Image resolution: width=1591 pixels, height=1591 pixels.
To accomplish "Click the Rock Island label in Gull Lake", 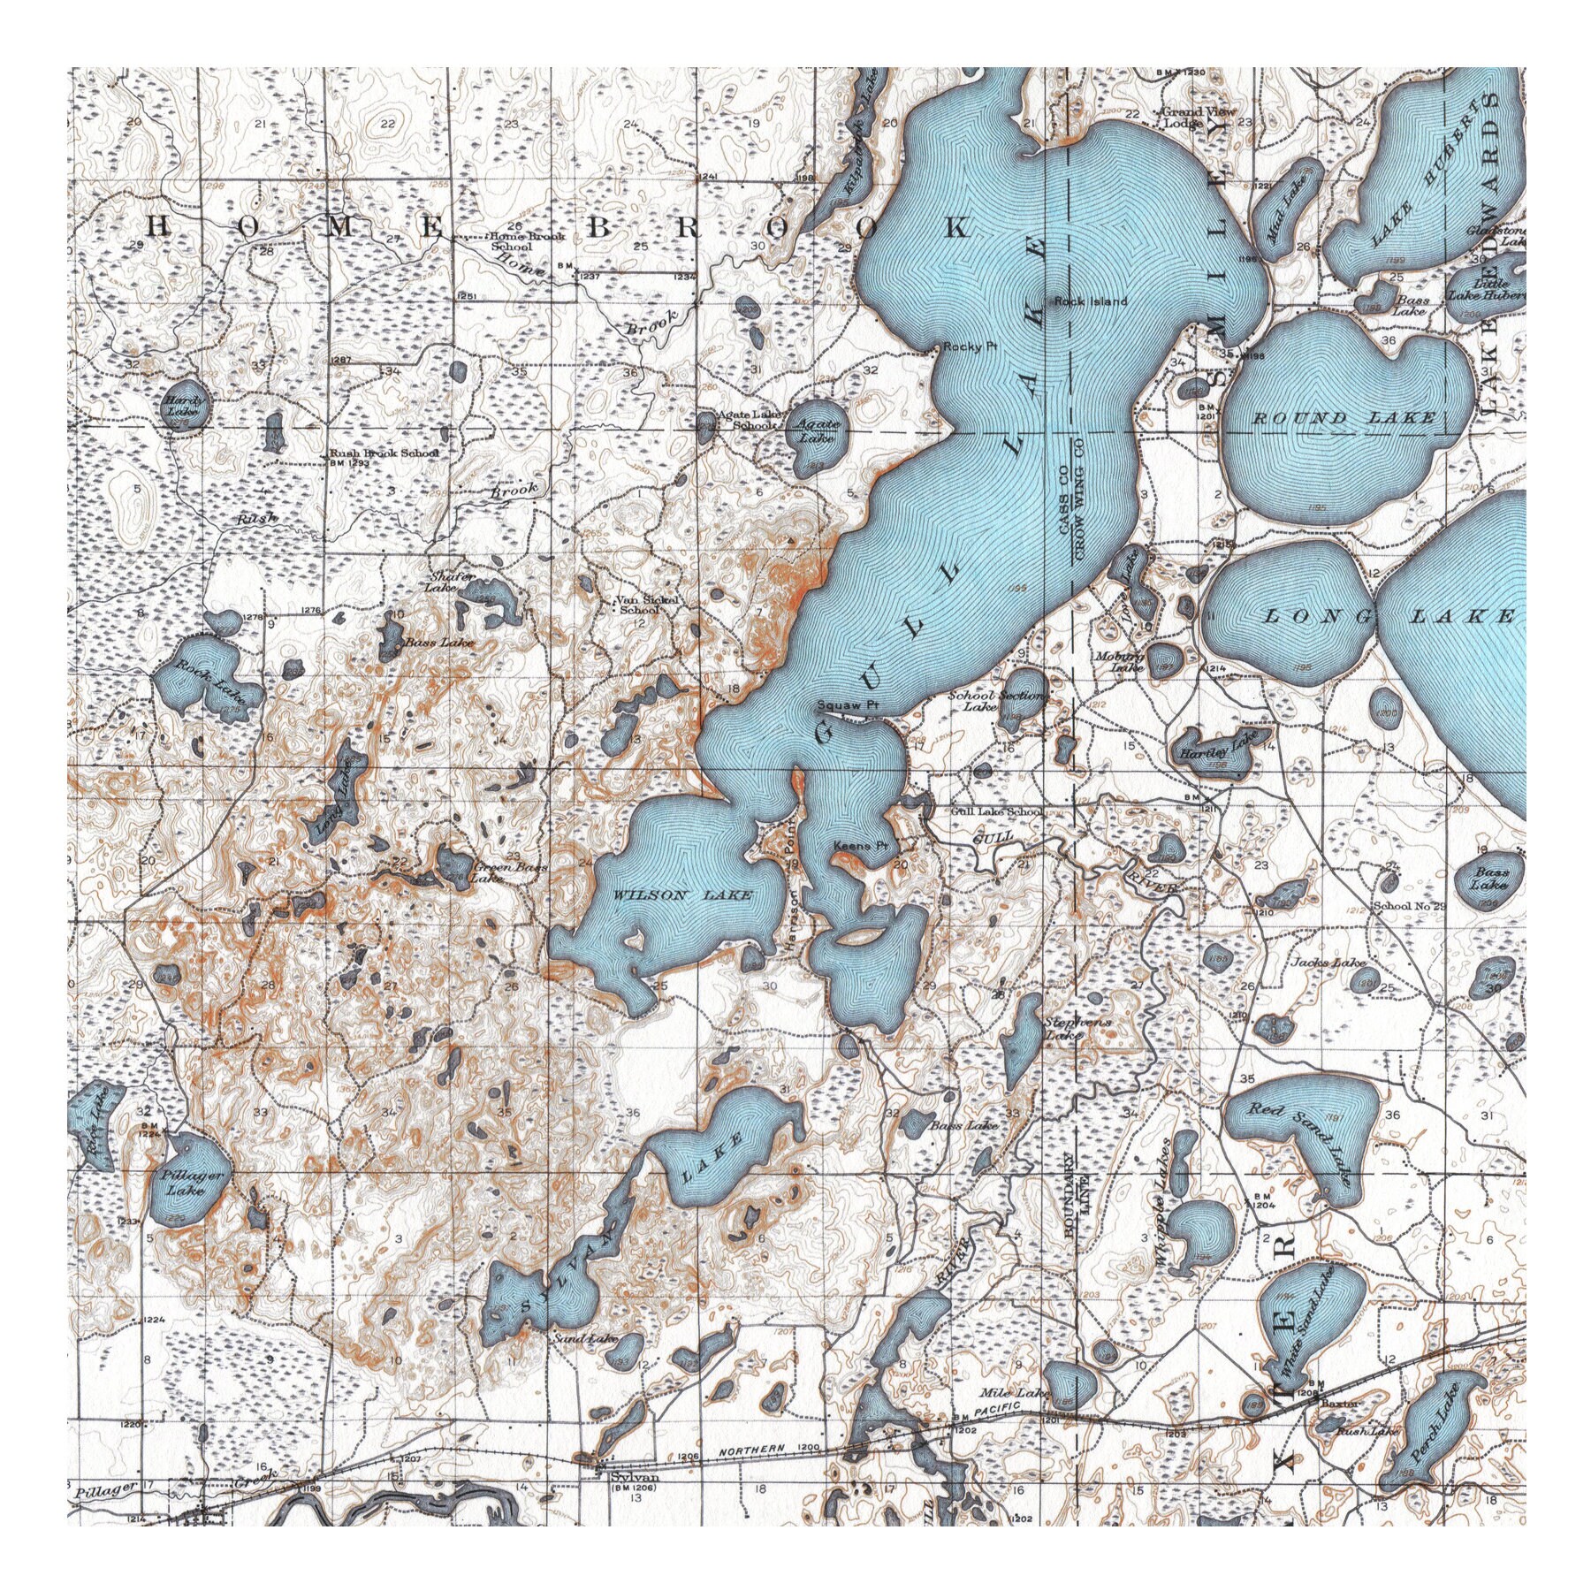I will coord(1091,301).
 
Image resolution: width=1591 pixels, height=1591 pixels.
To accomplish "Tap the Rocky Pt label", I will coord(970,347).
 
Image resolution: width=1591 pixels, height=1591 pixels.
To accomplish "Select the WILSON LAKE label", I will coord(683,894).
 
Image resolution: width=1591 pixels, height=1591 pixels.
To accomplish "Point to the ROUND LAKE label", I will coord(1344,417).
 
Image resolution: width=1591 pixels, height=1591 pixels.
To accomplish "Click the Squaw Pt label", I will coord(847,706).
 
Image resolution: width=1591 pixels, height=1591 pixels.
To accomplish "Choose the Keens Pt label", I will coord(861,846).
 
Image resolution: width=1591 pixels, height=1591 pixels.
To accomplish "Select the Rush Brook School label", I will coord(384,454).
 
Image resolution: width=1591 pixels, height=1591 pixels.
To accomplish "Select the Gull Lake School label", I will coord(996,811).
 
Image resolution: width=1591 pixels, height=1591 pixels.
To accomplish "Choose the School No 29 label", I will coord(1409,907).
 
